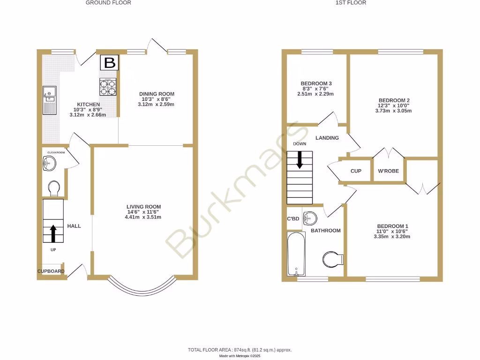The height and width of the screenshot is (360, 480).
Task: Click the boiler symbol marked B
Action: (x=110, y=63)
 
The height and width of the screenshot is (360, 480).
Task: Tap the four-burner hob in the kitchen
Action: (x=107, y=87)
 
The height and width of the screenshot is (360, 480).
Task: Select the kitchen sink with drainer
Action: (x=49, y=100)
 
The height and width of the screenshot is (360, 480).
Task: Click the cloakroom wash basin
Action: (x=49, y=164)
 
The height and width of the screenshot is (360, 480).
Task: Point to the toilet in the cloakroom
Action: (x=54, y=188)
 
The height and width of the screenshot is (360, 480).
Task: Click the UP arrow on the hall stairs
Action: (x=53, y=232)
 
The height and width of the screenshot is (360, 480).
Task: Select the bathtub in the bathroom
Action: (x=296, y=254)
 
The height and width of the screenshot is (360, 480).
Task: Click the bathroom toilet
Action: (x=334, y=258)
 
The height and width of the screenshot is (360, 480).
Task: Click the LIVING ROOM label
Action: (x=143, y=207)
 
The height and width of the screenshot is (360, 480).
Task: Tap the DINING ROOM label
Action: (x=157, y=94)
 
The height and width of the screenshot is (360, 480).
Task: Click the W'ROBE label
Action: (x=388, y=171)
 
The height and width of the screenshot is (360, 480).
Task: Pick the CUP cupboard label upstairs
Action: (x=356, y=171)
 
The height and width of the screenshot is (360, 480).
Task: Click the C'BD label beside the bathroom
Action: (x=293, y=219)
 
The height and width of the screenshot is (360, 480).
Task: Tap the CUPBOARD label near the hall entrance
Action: (x=51, y=271)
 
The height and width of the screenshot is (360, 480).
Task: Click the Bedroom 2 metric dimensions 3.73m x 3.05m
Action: (x=394, y=111)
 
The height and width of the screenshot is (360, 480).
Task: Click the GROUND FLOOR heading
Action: (x=108, y=3)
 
